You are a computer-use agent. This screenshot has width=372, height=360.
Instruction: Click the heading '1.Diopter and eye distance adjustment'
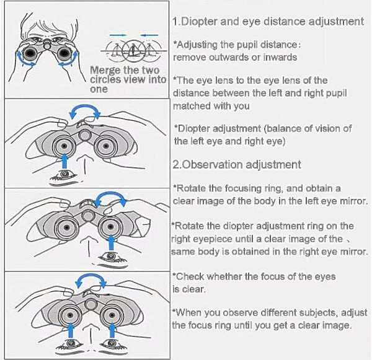click(x=268, y=22)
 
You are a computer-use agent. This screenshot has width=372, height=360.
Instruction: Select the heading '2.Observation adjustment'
click(x=237, y=165)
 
